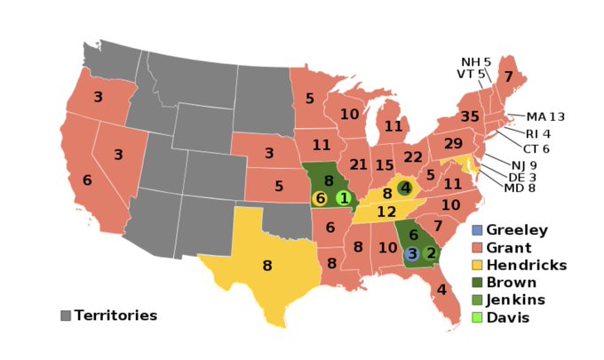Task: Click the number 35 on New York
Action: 470,116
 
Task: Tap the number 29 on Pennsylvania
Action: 453,143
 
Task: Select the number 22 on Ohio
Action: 413,156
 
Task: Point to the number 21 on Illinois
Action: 359,165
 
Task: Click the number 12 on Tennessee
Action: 385,212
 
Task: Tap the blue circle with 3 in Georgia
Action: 411,253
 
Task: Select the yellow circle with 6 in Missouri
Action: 320,198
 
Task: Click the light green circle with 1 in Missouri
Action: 344,197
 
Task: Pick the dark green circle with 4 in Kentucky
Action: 404,188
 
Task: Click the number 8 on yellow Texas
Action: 266,264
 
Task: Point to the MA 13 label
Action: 544,116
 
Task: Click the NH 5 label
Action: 475,61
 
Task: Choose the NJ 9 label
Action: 523,164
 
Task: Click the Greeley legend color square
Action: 477,230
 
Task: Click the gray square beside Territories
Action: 66,316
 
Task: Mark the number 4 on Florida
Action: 441,289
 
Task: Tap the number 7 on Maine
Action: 508,77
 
